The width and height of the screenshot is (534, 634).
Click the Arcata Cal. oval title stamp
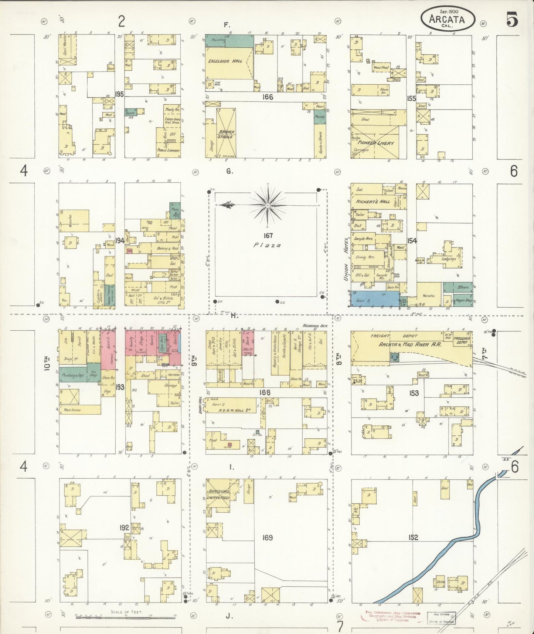pyautogui.click(x=447, y=18)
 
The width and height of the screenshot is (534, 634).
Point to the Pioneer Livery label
pyautogui.click(x=380, y=143)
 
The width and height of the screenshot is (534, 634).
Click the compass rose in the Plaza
pyautogui.click(x=267, y=205)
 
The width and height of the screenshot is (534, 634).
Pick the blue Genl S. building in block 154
pyautogui.click(x=374, y=299)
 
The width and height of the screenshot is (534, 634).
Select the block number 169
pyautogui.click(x=267, y=537)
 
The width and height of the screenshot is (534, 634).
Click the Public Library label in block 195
pyautogui.click(x=169, y=151)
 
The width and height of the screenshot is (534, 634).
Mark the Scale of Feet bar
pyautogui.click(x=126, y=617)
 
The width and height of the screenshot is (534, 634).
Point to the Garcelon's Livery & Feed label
pyautogui.click(x=219, y=495)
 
